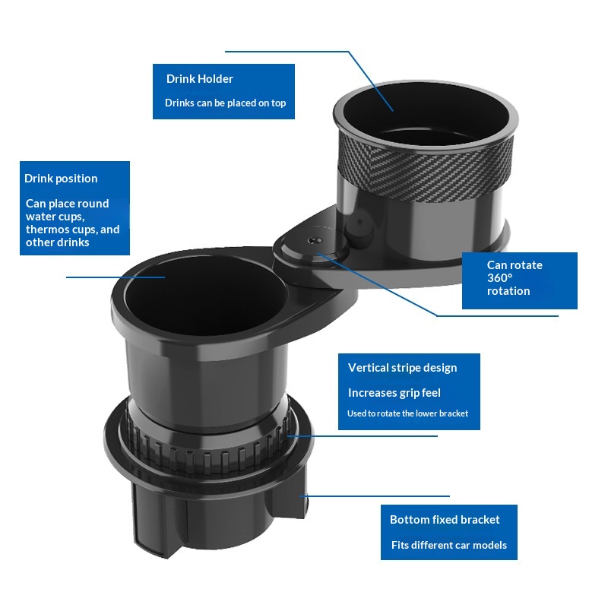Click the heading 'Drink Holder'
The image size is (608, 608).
coord(200,79)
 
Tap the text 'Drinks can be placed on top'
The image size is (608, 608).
coord(225,103)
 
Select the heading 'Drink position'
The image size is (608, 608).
coord(61,179)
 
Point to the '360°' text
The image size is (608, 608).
coord(500,278)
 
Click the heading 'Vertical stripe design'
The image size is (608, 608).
coord(403,368)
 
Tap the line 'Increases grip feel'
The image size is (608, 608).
coord(394,393)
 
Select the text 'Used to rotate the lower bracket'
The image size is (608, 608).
coord(407,413)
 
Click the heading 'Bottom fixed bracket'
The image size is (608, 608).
coord(445,520)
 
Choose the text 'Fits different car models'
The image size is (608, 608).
coord(449,545)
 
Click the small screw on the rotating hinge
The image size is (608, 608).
coord(315,240)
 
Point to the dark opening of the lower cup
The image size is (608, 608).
coord(205,295)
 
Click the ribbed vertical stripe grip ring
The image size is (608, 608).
coord(207,446)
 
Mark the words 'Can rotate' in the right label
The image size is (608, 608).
coord(515,265)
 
